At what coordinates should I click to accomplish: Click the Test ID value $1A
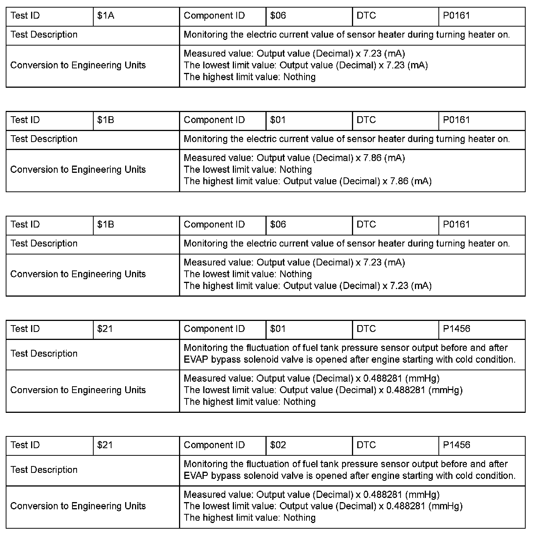[105, 16]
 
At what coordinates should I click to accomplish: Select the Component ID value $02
[278, 445]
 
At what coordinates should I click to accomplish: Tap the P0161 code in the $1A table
[456, 16]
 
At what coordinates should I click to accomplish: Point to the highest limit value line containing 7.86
[308, 181]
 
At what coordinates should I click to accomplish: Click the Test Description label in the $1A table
[44, 35]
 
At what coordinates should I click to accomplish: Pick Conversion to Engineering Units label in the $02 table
[78, 506]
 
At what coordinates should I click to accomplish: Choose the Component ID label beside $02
[214, 445]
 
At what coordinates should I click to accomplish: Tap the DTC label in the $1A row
[366, 16]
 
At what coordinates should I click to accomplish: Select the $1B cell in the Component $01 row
[105, 120]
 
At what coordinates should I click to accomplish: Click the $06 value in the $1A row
[278, 16]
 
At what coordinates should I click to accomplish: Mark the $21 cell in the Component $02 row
[105, 445]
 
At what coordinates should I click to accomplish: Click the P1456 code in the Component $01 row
[456, 329]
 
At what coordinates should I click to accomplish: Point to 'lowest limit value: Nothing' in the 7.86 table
[248, 169]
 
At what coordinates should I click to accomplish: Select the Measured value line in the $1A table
[294, 54]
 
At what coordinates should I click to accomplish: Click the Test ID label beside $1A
[25, 16]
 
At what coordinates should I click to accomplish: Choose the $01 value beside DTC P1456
[278, 329]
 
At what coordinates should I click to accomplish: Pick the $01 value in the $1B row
[278, 120]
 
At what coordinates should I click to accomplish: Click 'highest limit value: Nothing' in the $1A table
[250, 77]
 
